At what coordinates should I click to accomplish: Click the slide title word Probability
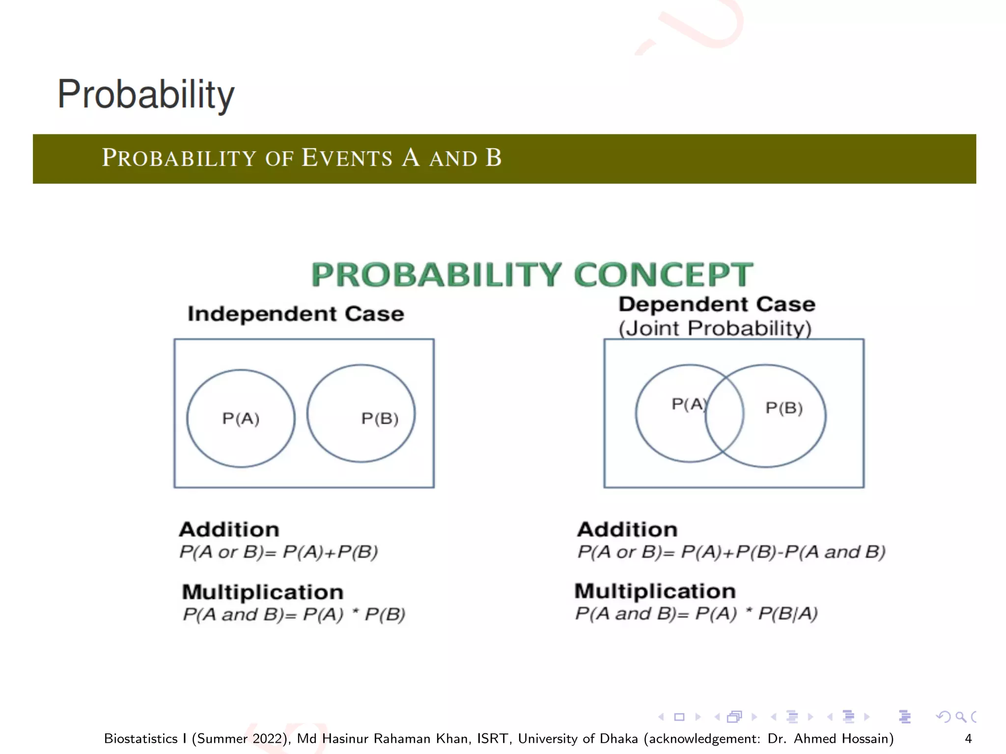[x=146, y=94]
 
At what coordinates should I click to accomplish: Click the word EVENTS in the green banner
[x=347, y=158]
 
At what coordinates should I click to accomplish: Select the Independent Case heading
[x=296, y=314]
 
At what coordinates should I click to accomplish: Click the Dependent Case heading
[x=716, y=304]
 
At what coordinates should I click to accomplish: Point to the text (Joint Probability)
[x=715, y=328]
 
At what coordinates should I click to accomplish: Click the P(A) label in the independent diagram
[x=241, y=419]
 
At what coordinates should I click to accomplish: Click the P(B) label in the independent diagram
[x=380, y=419]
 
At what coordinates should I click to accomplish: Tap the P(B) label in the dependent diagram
[x=784, y=408]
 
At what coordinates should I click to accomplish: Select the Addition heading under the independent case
[x=229, y=530]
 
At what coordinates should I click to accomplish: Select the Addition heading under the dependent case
[x=627, y=530]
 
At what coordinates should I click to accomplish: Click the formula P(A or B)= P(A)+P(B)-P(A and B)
[x=731, y=552]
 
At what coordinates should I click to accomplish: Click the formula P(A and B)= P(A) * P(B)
[x=294, y=615]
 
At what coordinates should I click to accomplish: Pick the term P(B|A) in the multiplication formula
[x=788, y=614]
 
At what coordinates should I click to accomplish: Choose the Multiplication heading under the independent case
[x=262, y=592]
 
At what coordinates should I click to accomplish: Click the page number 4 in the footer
[x=968, y=738]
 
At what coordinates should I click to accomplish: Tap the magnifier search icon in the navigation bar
[x=960, y=717]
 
